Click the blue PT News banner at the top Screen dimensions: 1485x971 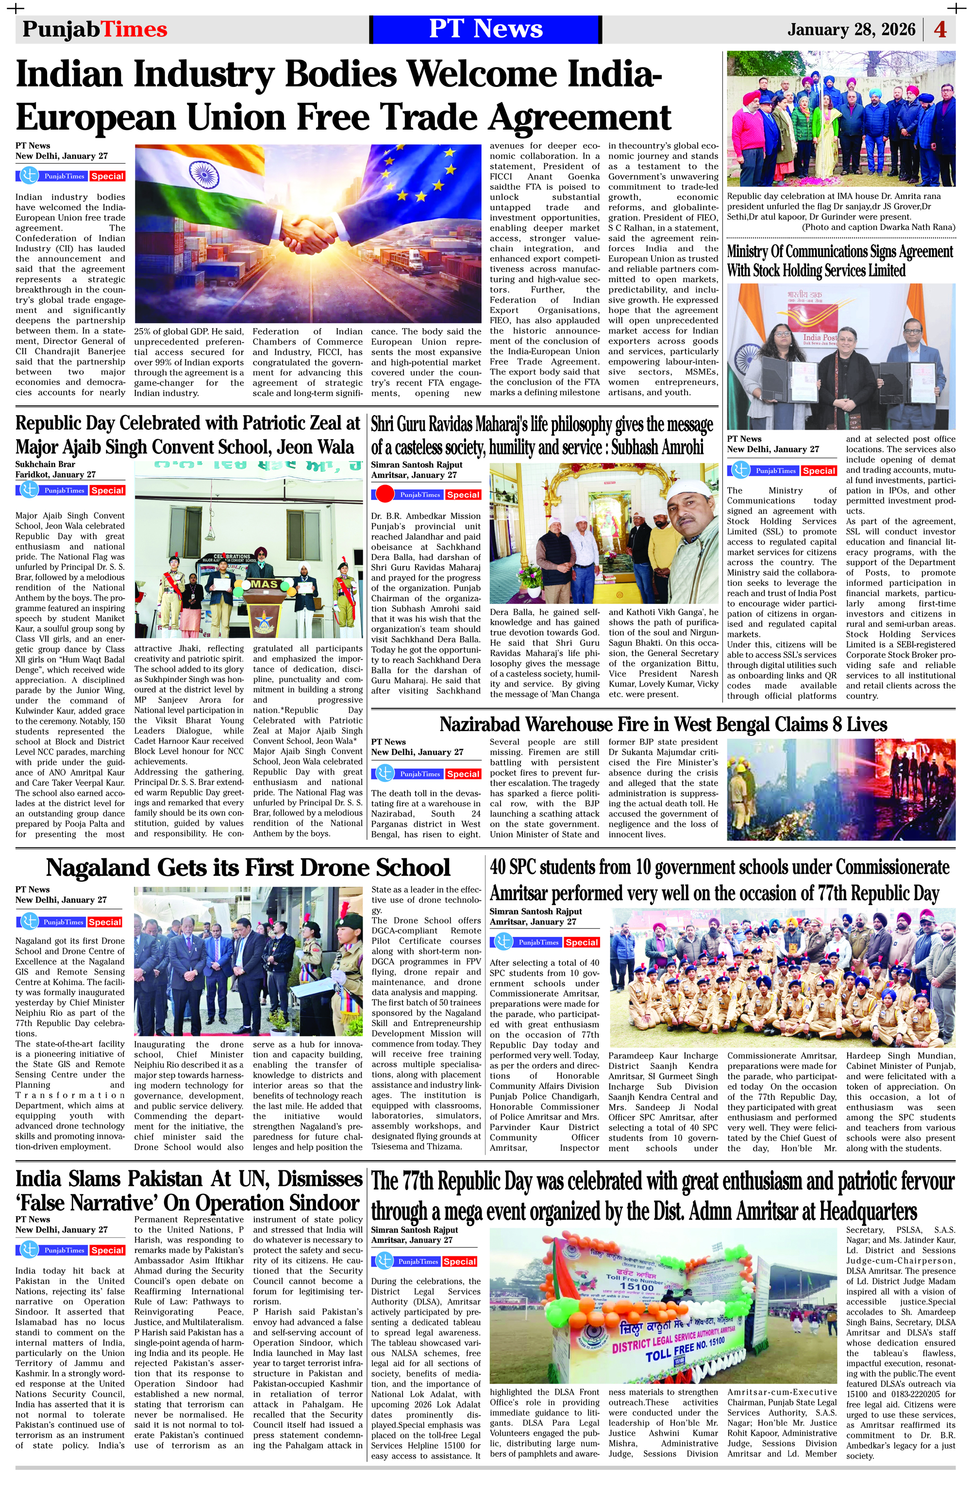coord(485,29)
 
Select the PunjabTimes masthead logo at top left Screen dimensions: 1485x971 coord(95,29)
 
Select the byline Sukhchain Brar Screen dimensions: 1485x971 coord(45,464)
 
